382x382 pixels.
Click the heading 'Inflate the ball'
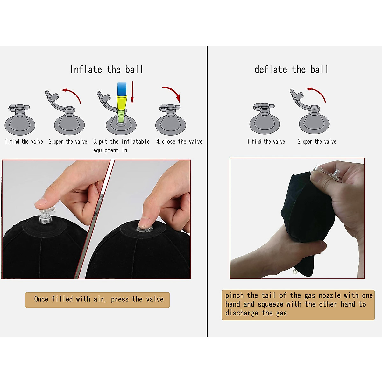(107, 69)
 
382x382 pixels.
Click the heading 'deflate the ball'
(291, 69)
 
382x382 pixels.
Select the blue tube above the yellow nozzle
(122, 87)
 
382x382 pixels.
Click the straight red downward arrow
(132, 92)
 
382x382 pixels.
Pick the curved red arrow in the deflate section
(317, 94)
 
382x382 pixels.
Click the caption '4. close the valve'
(179, 142)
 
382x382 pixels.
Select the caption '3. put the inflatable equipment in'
(121, 145)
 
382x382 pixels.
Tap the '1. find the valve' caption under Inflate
(24, 142)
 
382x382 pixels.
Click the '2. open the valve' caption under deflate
(317, 142)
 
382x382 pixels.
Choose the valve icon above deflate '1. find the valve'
(265, 119)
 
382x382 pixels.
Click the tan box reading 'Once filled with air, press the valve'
(97, 300)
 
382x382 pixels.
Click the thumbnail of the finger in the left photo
(41, 202)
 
